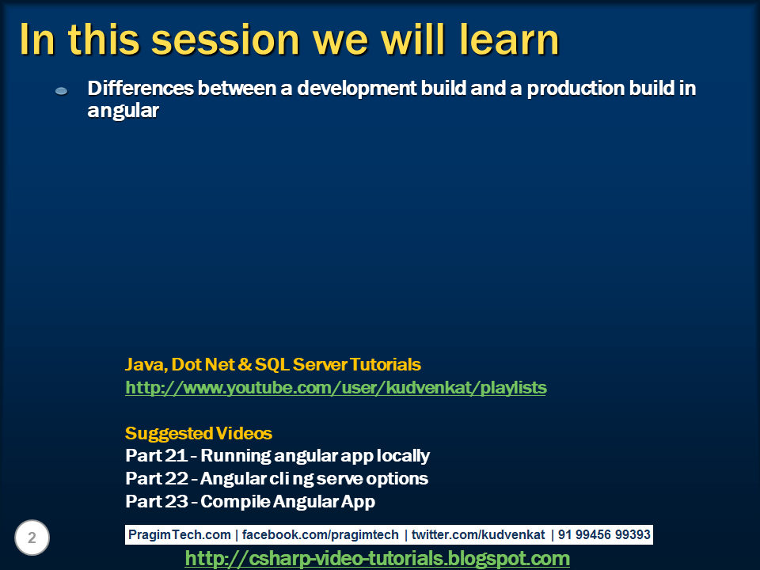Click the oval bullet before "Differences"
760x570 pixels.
[62, 92]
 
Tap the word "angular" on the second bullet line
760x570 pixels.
[123, 112]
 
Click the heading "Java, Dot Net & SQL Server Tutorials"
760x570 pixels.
[273, 365]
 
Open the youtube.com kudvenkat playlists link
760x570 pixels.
[336, 388]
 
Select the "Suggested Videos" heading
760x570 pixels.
[199, 434]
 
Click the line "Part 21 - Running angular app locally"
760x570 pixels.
[277, 456]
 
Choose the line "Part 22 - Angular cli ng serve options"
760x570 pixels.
[276, 479]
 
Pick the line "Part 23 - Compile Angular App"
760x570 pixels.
[250, 502]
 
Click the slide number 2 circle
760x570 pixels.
[32, 538]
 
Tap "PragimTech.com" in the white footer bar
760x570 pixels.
[180, 535]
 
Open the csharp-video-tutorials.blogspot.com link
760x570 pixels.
[377, 559]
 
